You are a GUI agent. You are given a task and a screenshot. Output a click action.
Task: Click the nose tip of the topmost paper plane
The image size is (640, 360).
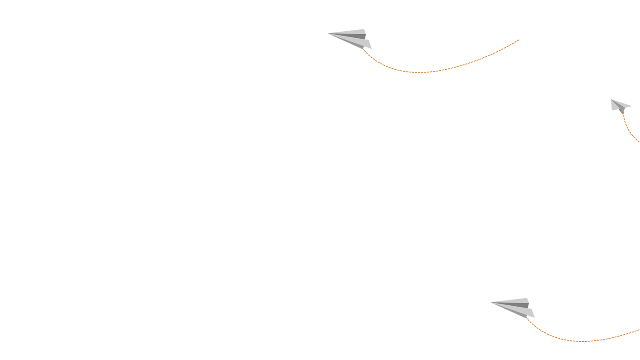(x=328, y=33)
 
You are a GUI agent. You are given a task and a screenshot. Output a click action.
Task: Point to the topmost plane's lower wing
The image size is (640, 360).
(x=360, y=43)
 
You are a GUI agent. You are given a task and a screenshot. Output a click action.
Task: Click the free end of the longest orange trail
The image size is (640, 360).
(x=519, y=40)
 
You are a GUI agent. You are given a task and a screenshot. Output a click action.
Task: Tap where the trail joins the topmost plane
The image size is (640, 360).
(x=363, y=48)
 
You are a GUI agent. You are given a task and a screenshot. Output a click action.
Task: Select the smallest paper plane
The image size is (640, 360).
(x=619, y=106)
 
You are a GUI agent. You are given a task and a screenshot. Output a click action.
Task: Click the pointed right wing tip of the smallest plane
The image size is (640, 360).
(x=632, y=106)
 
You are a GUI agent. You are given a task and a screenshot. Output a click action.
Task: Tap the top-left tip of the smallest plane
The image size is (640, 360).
(x=611, y=99)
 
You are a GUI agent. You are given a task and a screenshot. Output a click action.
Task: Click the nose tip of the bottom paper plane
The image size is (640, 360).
(x=491, y=303)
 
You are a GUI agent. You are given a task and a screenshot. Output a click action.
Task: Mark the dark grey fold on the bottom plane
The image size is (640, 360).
(x=518, y=306)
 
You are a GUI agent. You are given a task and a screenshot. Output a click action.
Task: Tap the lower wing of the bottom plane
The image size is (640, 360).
(x=524, y=312)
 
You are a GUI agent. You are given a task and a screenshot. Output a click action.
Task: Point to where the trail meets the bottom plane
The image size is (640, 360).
(x=526, y=317)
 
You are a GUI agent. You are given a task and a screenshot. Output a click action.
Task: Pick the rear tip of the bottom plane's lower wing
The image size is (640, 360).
(x=534, y=318)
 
